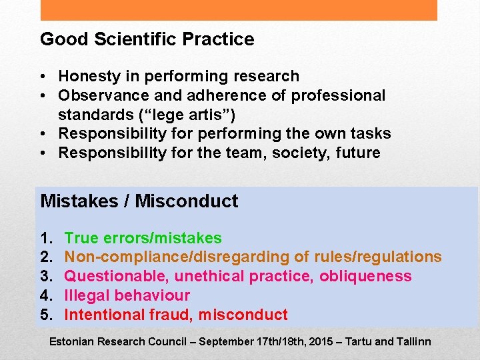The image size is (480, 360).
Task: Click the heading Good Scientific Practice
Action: (147, 39)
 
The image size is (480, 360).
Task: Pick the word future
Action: (357, 153)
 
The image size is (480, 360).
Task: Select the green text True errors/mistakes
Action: (143, 238)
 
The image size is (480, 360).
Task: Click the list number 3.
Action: (46, 276)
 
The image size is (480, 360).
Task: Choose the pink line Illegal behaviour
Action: (127, 295)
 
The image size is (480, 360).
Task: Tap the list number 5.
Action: (46, 315)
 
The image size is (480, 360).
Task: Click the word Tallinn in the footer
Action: (413, 341)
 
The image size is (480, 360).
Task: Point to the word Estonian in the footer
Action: (72, 341)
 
